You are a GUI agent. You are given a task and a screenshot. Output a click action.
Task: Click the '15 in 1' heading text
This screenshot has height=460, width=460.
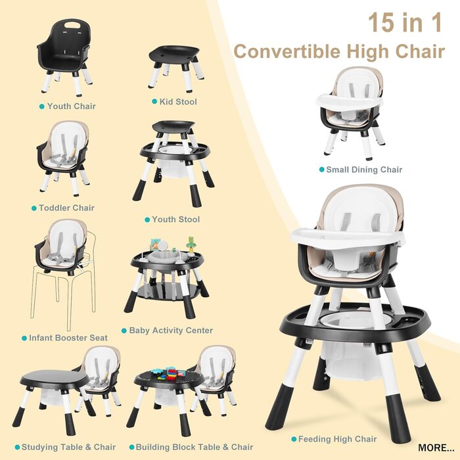[405, 22]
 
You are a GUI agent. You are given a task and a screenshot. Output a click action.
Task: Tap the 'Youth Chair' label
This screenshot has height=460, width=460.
[72, 106]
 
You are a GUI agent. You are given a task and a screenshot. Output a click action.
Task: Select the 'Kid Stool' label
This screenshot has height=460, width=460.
[178, 102]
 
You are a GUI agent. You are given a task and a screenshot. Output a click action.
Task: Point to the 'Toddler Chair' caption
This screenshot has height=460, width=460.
[66, 208]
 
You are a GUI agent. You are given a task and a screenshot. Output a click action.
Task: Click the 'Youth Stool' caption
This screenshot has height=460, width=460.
[175, 219]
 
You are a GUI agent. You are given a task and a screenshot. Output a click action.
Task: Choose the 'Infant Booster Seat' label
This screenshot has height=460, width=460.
[68, 338]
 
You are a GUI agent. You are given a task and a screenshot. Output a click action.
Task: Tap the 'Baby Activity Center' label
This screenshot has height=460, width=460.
[171, 331]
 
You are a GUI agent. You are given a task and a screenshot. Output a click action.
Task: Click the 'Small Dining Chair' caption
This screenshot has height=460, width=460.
[364, 170]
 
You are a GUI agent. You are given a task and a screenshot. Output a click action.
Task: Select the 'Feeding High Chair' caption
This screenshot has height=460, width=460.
[337, 439]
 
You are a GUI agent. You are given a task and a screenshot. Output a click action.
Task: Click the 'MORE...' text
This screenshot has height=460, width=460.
[436, 448]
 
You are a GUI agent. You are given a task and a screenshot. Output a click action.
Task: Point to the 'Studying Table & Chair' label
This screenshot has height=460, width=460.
[68, 447]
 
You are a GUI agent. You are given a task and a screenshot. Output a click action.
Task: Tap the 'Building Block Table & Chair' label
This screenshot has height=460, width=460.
[195, 447]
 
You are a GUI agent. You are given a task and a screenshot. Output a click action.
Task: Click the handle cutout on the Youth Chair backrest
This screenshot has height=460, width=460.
[72, 25]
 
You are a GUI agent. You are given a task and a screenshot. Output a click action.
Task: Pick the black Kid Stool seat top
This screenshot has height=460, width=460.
[174, 54]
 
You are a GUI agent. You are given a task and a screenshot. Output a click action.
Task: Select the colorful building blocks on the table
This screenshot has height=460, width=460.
[170, 373]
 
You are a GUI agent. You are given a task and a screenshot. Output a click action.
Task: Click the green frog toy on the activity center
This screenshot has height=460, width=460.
[191, 242]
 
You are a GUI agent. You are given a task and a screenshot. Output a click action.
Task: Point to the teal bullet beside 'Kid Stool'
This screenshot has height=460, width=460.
[154, 101]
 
